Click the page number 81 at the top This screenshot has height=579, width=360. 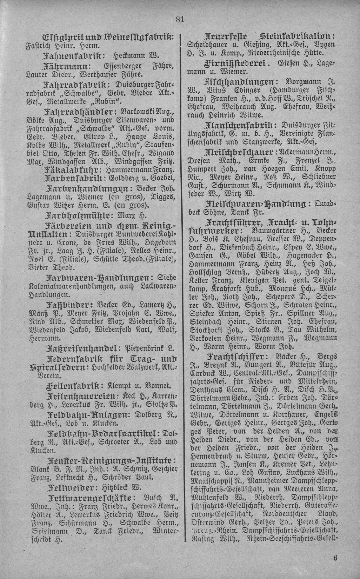tap(180, 20)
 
